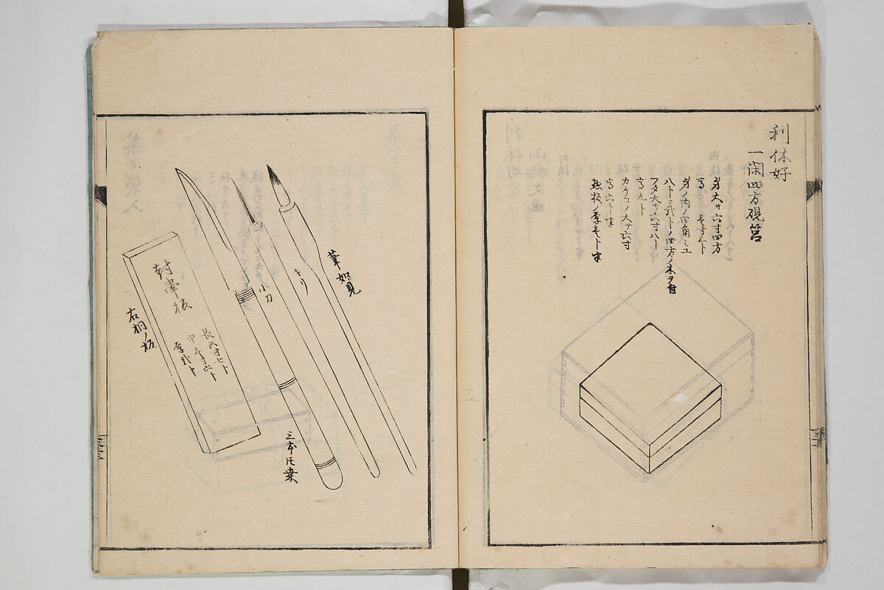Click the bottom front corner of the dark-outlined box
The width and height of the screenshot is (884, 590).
pos(648,471)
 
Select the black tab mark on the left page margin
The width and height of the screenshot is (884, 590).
pos(100,195)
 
